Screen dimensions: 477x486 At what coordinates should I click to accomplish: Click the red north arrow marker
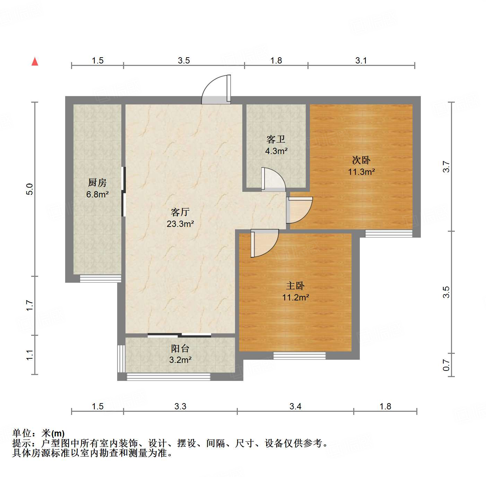[x=35, y=61]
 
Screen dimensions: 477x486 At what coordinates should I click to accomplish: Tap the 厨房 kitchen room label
[x=97, y=182]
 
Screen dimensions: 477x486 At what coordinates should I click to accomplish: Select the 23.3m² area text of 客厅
[x=180, y=224]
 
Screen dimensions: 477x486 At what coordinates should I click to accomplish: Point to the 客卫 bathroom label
[x=276, y=139]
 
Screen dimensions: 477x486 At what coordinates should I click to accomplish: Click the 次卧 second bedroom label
[x=361, y=160]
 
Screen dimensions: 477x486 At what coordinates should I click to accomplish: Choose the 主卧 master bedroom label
[x=295, y=286]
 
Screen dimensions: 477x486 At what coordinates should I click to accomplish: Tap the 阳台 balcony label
[x=180, y=349]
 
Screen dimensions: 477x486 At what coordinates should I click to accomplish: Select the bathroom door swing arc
[x=273, y=179]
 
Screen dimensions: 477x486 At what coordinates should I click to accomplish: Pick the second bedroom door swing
[x=299, y=210]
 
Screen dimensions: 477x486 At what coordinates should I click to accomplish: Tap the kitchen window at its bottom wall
[x=101, y=279]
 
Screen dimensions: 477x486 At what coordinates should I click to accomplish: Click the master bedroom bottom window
[x=300, y=356]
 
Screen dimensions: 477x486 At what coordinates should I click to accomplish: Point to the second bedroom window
[x=389, y=234]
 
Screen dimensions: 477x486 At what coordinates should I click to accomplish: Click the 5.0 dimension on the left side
[x=30, y=189]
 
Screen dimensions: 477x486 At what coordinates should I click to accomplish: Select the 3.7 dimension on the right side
[x=446, y=167]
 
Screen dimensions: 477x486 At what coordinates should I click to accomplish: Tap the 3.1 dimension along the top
[x=361, y=61]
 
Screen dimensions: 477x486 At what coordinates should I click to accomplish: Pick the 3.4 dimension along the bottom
[x=295, y=406]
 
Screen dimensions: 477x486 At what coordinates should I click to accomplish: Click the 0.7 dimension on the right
[x=446, y=365]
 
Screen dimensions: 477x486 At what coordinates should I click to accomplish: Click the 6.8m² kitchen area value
[x=97, y=194]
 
